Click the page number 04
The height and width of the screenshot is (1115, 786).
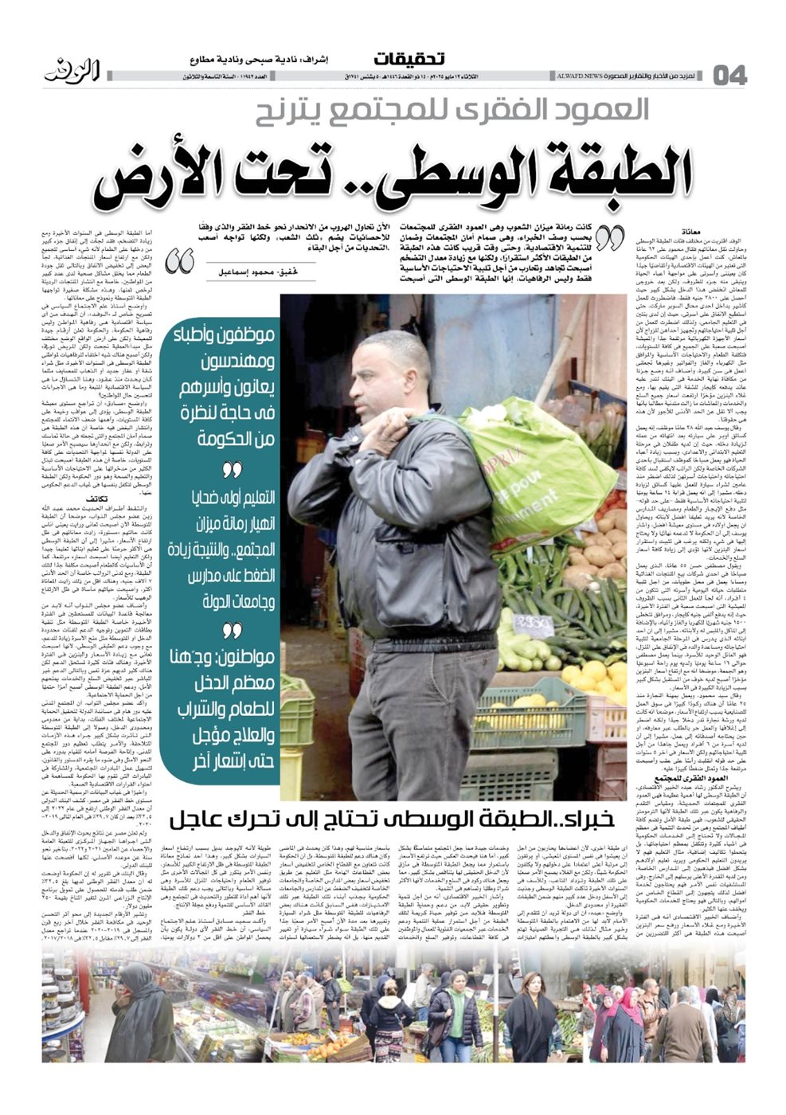click(729, 76)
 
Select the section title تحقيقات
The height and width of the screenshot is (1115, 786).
click(409, 59)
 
